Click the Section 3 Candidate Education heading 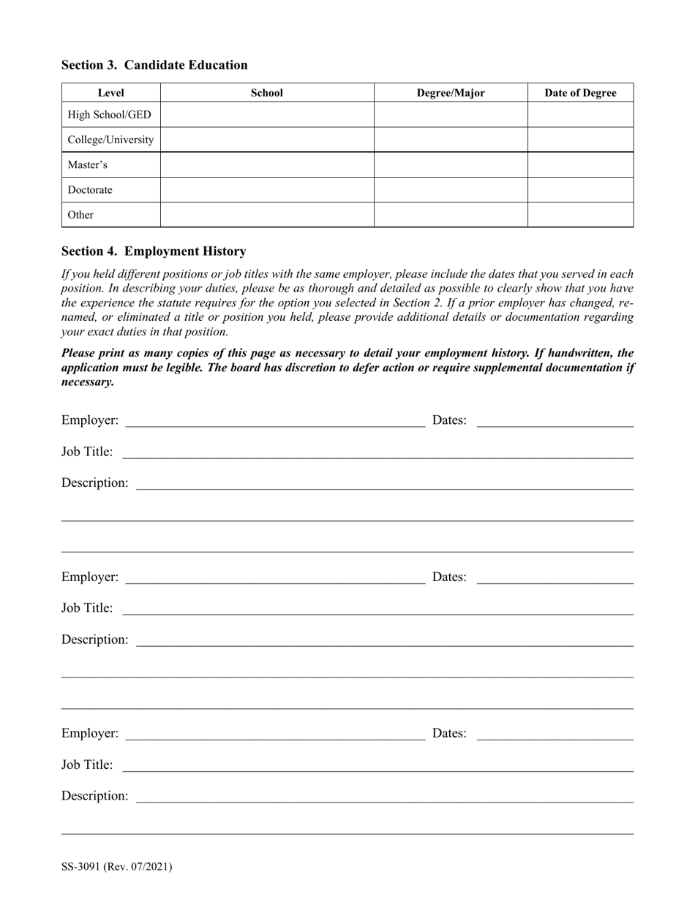(x=154, y=65)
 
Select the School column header (x=266, y=93)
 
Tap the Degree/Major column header (x=451, y=93)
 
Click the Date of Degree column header (x=580, y=93)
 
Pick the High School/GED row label (x=109, y=115)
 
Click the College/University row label (x=110, y=140)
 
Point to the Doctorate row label (x=90, y=190)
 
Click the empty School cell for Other (x=266, y=215)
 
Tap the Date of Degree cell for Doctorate (x=580, y=190)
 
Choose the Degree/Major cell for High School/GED (x=451, y=115)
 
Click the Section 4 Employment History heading (x=154, y=251)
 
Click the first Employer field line (x=275, y=422)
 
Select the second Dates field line (x=555, y=578)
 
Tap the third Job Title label (x=87, y=765)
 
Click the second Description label (x=94, y=640)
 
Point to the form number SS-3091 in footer (x=117, y=867)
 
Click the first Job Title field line (x=377, y=453)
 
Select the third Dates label (x=449, y=733)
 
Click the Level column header (x=110, y=93)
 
